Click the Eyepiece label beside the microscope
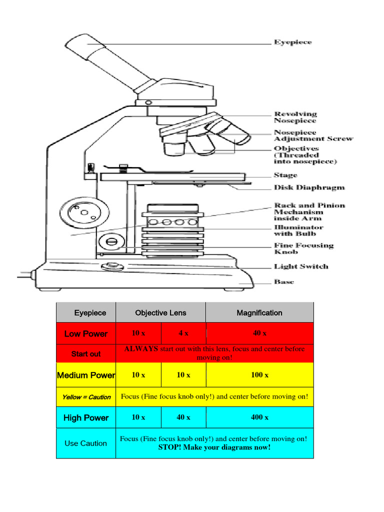click(x=292, y=42)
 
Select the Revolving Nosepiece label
click(x=295, y=117)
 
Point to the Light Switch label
click(x=301, y=266)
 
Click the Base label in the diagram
click(x=284, y=282)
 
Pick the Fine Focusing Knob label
click(x=303, y=248)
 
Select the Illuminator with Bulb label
click(x=298, y=230)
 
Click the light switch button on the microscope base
click(x=112, y=266)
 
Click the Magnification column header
click(x=259, y=313)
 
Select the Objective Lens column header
click(x=160, y=313)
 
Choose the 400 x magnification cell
click(x=259, y=417)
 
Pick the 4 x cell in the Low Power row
click(x=183, y=333)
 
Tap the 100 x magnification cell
click(x=259, y=375)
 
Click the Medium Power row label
click(x=86, y=375)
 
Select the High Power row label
click(x=86, y=417)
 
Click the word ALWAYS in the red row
click(x=141, y=349)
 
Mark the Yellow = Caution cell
click(x=86, y=397)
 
